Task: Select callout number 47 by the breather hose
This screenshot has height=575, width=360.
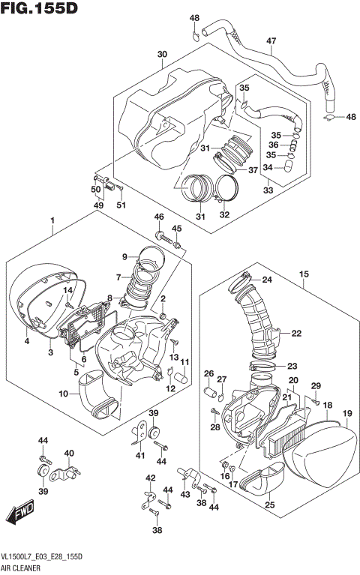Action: (x=271, y=40)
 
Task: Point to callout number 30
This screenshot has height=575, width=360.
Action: (x=162, y=55)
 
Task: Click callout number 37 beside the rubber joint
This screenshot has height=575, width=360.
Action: (x=253, y=169)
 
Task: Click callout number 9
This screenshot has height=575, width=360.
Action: (x=124, y=258)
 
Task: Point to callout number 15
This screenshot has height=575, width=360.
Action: (x=304, y=274)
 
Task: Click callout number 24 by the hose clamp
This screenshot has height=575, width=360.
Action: (x=267, y=281)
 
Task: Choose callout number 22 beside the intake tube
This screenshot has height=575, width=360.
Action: (x=295, y=333)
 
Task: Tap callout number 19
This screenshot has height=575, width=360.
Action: (x=347, y=414)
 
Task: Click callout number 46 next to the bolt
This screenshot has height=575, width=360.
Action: (x=158, y=217)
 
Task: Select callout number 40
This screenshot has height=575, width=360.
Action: (x=68, y=453)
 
